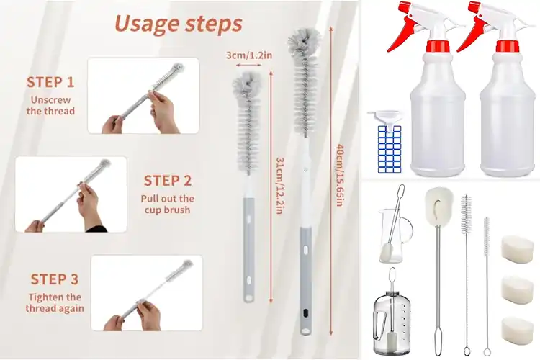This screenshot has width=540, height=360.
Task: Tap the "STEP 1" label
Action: tap(50, 82)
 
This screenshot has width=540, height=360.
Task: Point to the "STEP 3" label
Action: tap(54, 279)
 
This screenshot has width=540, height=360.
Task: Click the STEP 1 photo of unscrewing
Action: tap(143, 96)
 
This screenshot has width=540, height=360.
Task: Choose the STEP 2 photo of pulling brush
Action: tap(70, 194)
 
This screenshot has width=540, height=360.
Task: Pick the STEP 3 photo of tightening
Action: tap(146, 292)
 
